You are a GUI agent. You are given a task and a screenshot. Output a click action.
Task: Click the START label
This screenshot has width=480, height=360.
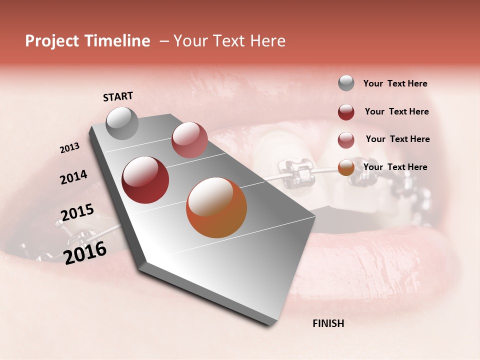coord(118,96)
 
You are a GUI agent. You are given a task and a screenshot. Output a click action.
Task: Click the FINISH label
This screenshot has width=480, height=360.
coord(328,323)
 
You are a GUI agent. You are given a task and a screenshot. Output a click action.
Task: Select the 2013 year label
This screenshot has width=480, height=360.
coord(69,148)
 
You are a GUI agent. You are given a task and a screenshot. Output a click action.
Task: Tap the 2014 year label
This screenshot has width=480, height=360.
coord(73,177)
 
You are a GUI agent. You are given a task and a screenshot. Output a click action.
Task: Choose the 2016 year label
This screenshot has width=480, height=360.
coord(85,253)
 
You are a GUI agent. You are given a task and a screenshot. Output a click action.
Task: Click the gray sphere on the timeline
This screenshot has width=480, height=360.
coord(122,123)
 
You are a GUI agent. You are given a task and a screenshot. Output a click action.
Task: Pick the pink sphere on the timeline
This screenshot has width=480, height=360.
coord(189,140)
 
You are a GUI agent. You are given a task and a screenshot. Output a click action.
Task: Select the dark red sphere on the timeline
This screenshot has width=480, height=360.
coord(145,180)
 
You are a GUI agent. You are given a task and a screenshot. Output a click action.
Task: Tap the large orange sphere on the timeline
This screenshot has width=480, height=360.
coord(216,207)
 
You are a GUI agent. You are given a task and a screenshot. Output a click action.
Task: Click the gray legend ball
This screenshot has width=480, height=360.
coord(346,83)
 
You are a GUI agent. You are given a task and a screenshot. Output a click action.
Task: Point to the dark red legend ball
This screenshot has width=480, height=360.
coord(346,112)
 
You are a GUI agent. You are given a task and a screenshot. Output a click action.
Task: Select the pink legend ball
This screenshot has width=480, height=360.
coord(346,140)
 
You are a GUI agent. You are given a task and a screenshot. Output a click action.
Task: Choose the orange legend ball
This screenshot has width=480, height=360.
coord(346,168)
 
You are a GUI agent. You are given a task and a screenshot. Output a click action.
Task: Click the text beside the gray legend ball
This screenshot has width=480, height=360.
coord(395,84)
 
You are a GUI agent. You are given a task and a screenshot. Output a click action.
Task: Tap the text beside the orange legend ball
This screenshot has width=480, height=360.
coord(395,167)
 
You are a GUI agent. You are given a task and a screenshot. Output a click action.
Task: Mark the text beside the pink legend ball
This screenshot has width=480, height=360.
coord(397,139)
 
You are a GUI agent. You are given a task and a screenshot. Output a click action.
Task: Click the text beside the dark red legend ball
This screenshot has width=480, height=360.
coord(396,111)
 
